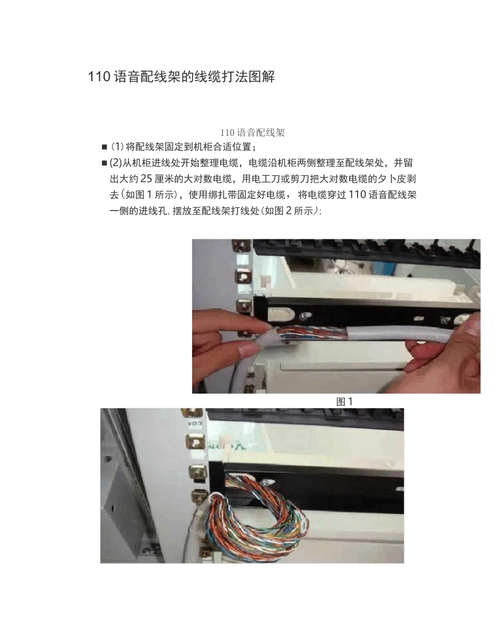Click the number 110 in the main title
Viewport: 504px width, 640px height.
99,77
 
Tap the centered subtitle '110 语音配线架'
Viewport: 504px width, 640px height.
253,133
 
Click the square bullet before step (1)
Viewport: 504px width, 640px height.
105,147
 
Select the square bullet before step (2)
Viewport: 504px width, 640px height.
105,163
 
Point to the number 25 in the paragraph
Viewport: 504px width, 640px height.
146,179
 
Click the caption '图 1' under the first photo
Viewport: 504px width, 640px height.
344,402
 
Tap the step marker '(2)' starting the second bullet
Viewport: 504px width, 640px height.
116,163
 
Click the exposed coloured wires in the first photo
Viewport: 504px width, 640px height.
313,333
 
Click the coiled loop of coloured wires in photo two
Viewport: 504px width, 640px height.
256,522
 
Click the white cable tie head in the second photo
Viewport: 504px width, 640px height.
225,441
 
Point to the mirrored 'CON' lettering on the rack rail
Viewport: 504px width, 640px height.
195,423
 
